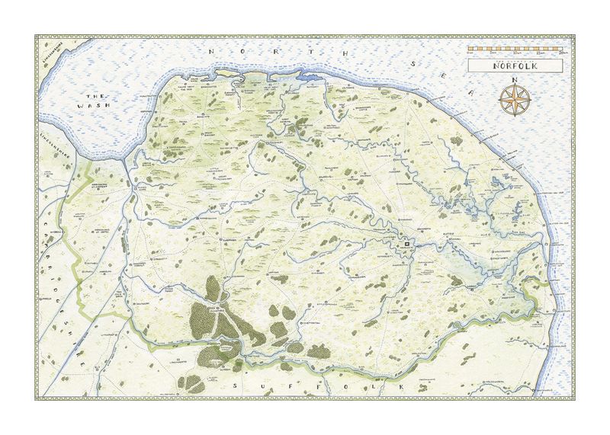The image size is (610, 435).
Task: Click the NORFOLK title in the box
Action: point(515,66)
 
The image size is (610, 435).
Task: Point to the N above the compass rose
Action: point(515,80)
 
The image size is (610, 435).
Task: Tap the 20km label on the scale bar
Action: point(561,53)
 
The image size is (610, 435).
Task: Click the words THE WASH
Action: point(95,101)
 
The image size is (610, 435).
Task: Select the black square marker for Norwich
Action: point(407,245)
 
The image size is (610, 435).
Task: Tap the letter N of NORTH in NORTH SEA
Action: point(214,51)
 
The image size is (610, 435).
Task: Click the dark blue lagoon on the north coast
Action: point(312,77)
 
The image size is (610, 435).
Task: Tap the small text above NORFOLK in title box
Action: point(515,59)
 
